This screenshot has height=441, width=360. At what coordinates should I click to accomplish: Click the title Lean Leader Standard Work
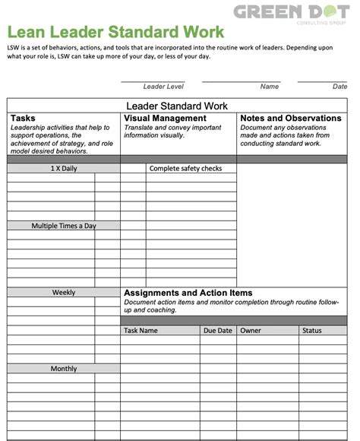pyautogui.click(x=116, y=32)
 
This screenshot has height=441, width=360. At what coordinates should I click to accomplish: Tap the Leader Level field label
pyautogui.click(x=163, y=87)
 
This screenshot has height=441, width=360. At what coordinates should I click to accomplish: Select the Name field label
pyautogui.click(x=270, y=87)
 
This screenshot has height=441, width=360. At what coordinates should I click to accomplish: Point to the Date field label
pyautogui.click(x=339, y=87)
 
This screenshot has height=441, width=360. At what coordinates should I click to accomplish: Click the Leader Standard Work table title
pyautogui.click(x=176, y=106)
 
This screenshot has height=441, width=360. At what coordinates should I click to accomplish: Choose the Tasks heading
pyautogui.click(x=23, y=119)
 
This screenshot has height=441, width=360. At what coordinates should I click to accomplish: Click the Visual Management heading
pyautogui.click(x=165, y=119)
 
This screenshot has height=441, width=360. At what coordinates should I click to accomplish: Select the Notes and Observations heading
pyautogui.click(x=290, y=119)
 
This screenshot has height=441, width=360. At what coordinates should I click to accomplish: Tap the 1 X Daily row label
pyautogui.click(x=64, y=169)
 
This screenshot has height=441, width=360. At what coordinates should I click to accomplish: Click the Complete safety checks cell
pyautogui.click(x=185, y=169)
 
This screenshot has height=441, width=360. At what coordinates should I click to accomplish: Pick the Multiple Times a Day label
pyautogui.click(x=64, y=226)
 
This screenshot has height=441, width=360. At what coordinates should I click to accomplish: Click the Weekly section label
pyautogui.click(x=64, y=293)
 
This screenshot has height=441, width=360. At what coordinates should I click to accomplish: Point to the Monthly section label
pyautogui.click(x=64, y=369)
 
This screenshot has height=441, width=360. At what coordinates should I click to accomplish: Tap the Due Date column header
pyautogui.click(x=217, y=331)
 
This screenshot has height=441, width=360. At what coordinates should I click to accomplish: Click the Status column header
pyautogui.click(x=311, y=331)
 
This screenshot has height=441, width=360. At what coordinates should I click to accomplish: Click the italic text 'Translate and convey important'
pyautogui.click(x=172, y=128)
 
